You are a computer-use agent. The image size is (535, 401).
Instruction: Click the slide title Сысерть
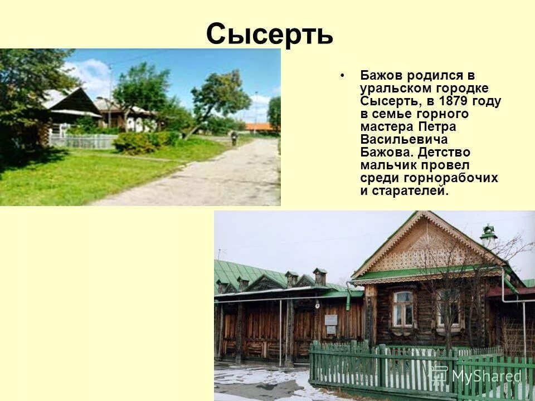point(270,35)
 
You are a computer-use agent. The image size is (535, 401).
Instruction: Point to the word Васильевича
point(404,139)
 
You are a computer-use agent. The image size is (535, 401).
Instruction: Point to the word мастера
point(387,126)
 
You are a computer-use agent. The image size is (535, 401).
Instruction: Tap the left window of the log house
point(402,308)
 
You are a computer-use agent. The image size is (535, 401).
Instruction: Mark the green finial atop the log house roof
point(489,231)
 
